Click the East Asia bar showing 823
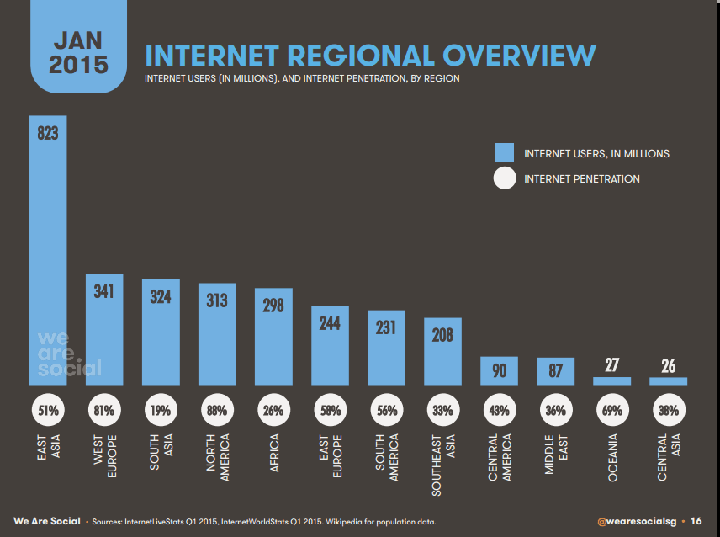click(x=48, y=253)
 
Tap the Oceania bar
click(x=611, y=381)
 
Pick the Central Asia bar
click(x=668, y=381)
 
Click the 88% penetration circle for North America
click(x=217, y=412)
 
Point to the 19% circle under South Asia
click(x=161, y=412)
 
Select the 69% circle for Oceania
click(x=611, y=412)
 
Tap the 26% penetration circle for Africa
click(x=273, y=412)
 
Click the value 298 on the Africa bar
click(x=273, y=306)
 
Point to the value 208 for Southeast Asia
click(x=442, y=335)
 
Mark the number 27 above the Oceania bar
click(x=611, y=364)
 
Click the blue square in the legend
click(x=504, y=152)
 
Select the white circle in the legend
click(x=504, y=178)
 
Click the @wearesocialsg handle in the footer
click(x=638, y=522)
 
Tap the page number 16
click(x=696, y=522)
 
